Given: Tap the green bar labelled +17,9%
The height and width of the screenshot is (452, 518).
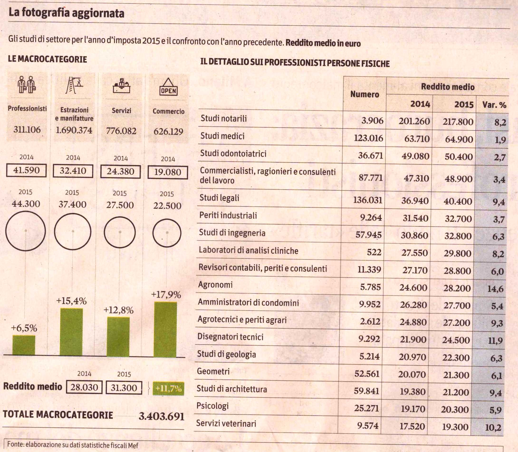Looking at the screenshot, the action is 165,329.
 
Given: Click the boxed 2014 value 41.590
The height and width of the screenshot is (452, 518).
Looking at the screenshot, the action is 26,170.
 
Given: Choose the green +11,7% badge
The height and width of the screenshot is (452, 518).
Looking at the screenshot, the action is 168,388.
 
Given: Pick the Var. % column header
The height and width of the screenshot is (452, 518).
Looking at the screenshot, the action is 494,105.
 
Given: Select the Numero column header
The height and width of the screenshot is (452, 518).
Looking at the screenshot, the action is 365,95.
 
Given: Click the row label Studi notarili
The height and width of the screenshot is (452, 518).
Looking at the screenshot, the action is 224,118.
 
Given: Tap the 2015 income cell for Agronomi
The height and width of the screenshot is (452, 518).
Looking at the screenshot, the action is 457,288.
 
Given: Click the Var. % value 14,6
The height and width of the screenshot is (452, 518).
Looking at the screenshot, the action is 496,289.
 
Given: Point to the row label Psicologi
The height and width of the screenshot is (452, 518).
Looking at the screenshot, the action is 213,406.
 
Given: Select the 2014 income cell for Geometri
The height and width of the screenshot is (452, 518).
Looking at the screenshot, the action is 412,374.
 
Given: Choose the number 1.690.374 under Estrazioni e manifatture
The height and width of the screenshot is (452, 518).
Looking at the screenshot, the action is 73,130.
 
